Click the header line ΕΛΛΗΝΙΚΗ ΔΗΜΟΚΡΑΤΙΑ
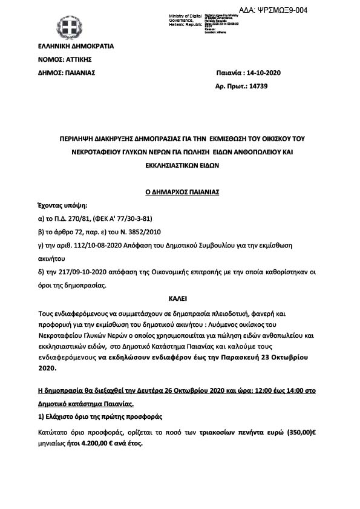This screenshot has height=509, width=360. coord(76,46)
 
